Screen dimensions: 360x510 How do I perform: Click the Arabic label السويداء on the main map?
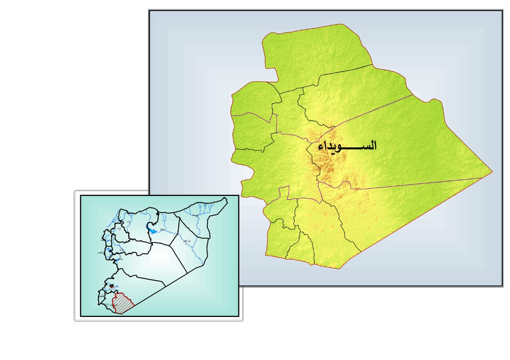click(x=347, y=146)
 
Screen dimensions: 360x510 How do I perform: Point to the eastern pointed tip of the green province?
click(x=492, y=172)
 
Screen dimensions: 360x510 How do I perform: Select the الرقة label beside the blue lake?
click(x=162, y=231)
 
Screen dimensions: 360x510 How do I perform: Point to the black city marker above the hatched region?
click(x=112, y=286)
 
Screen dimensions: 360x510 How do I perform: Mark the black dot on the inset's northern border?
click(x=158, y=215)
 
